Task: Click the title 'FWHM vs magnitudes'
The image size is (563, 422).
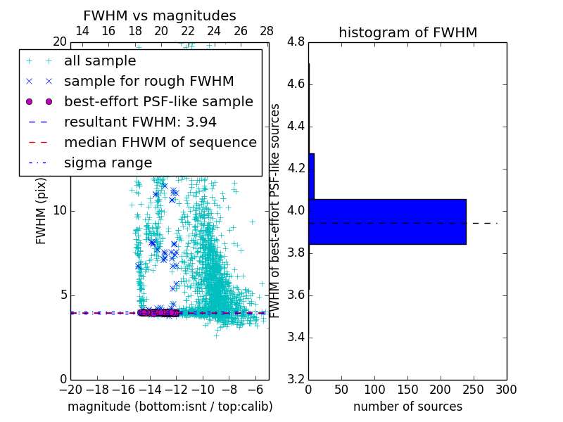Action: click(x=160, y=16)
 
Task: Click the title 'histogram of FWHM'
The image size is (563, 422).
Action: click(x=407, y=32)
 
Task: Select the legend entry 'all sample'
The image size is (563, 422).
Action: click(x=100, y=61)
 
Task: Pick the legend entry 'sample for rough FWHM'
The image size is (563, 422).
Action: click(x=149, y=82)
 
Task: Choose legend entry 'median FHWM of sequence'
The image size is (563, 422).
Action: click(x=160, y=143)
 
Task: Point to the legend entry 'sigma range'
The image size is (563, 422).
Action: click(x=108, y=163)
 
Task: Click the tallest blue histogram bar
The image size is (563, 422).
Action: click(x=387, y=222)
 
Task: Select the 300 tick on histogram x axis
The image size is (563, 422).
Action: click(x=506, y=390)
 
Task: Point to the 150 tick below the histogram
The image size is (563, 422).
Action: click(x=407, y=390)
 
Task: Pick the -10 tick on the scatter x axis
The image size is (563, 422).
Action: click(x=203, y=390)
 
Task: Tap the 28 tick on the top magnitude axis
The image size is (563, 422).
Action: click(x=267, y=32)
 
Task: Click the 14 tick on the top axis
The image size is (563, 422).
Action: click(x=82, y=32)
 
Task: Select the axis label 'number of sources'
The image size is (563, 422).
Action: click(x=407, y=407)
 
